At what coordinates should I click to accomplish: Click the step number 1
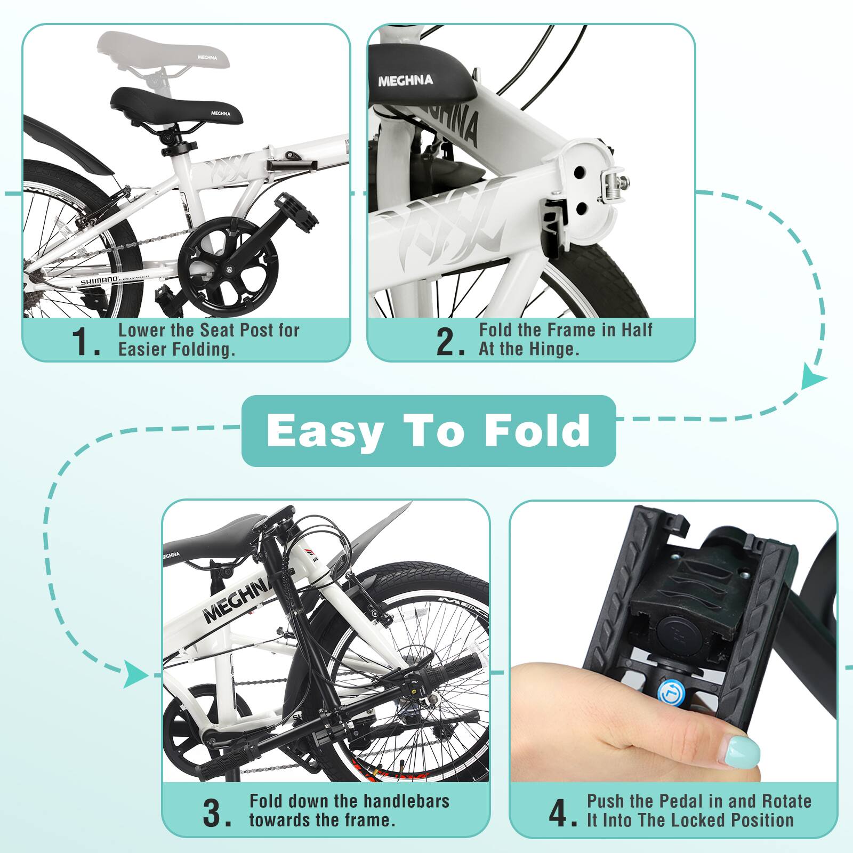click(85, 342)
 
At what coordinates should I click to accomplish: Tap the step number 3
click(216, 812)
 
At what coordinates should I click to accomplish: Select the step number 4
click(561, 812)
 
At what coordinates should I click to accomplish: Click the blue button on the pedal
click(667, 693)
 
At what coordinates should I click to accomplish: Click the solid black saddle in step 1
click(176, 106)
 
